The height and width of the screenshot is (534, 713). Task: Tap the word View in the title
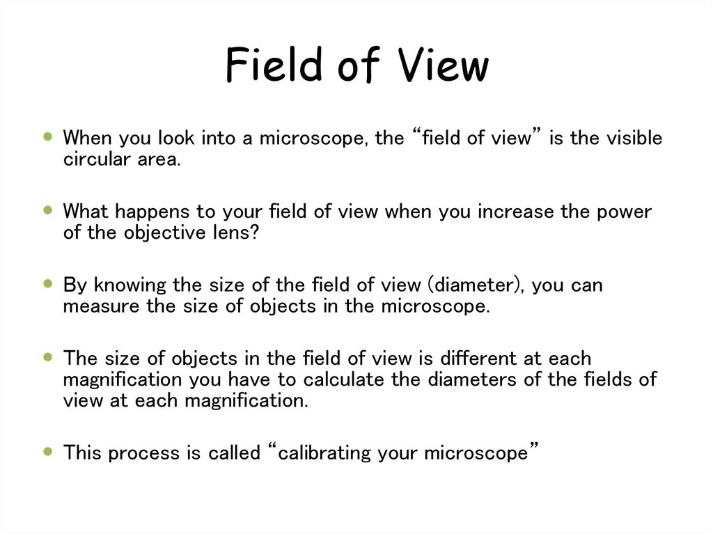pyautogui.click(x=444, y=66)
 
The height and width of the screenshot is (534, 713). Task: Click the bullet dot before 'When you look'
pyautogui.click(x=48, y=136)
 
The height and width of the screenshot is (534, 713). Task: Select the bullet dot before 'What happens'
pyautogui.click(x=48, y=210)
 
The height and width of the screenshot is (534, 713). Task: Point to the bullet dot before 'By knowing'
pyautogui.click(x=48, y=283)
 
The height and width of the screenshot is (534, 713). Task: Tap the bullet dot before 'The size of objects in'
pyautogui.click(x=48, y=357)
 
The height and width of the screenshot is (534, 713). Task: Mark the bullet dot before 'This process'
pyautogui.click(x=48, y=452)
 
